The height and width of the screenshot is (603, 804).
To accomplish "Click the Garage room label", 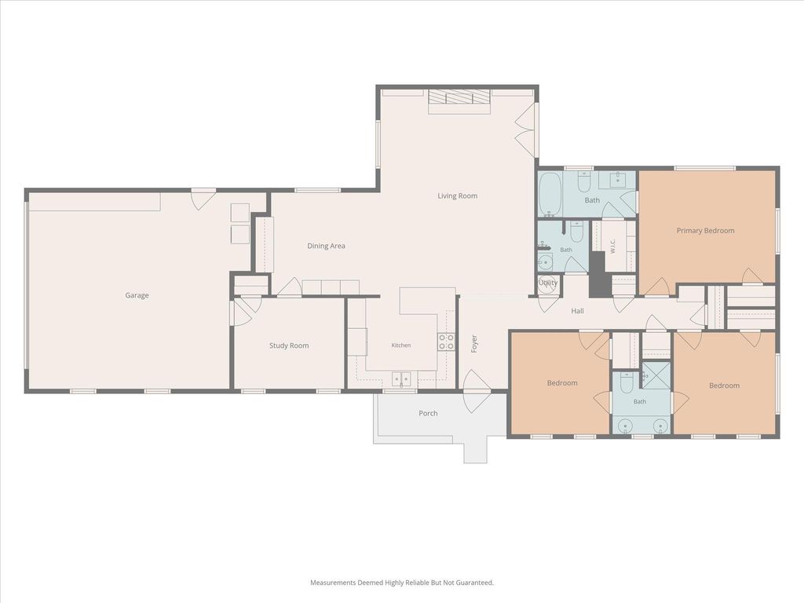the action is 137,295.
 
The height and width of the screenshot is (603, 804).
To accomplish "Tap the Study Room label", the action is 289,345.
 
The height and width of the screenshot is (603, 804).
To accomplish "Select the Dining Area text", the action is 326,246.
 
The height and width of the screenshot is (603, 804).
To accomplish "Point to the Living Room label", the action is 458,196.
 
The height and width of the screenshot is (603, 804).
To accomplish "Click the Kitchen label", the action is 401,345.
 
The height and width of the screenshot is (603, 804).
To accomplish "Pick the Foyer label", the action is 474,344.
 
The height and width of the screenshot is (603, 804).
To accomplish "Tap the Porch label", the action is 428,413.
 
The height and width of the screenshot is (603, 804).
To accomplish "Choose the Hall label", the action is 577,311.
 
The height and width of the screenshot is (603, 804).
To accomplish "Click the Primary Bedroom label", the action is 706,231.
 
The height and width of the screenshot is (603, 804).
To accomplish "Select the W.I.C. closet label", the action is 612,246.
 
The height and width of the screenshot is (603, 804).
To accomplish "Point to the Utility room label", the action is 548,283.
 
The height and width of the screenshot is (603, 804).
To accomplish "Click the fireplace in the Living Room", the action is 459,101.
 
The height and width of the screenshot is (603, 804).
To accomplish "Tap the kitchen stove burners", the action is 446,342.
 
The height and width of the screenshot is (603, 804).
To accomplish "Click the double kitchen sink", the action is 401,379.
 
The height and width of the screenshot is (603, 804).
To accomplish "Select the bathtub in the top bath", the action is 550,195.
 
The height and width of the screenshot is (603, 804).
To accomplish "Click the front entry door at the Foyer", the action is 475,391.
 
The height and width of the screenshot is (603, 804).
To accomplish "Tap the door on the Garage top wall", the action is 203,199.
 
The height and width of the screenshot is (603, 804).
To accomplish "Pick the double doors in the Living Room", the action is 525,130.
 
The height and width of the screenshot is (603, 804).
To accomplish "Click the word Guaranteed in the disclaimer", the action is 475,583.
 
